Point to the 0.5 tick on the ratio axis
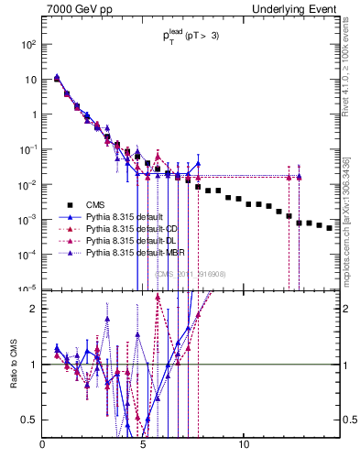click(x=30, y=420)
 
